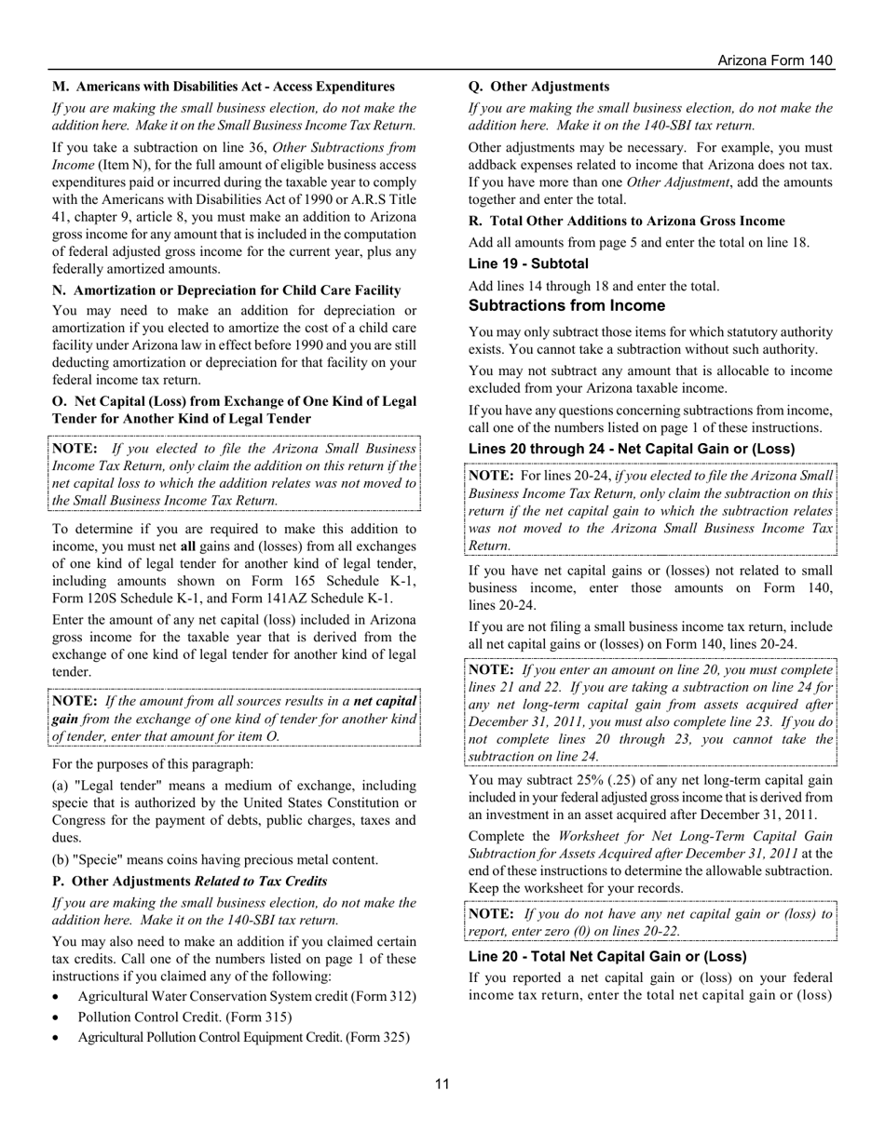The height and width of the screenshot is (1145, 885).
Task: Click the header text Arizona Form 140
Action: point(774,61)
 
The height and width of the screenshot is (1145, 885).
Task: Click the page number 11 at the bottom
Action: point(442,1084)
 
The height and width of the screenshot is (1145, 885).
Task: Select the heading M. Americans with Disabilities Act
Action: point(223,87)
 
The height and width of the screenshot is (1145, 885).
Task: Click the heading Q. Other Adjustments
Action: point(538,87)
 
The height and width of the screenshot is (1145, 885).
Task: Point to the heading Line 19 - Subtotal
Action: point(528,263)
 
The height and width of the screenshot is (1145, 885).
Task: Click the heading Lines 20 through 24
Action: point(632,449)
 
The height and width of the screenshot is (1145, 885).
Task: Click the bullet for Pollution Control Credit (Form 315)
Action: point(58,1017)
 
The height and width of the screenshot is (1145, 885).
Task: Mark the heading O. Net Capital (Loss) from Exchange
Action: point(234,410)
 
